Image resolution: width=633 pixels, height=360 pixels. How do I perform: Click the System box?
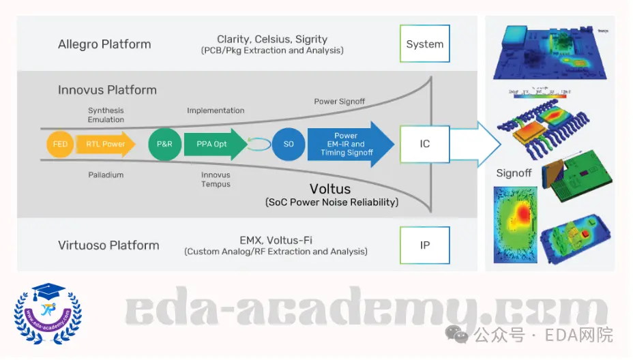click(424, 44)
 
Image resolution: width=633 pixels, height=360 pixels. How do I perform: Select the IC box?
click(424, 144)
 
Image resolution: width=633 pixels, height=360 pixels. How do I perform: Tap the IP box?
click(424, 245)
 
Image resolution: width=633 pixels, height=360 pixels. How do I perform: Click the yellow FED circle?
click(60, 145)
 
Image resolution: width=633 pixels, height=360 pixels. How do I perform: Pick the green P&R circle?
click(164, 145)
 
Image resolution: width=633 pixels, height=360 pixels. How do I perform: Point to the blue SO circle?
click(288, 145)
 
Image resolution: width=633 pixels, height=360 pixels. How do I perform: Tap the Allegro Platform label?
click(104, 45)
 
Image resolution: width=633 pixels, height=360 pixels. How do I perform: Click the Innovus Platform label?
click(107, 90)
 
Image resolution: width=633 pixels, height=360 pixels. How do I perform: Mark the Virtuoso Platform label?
click(108, 245)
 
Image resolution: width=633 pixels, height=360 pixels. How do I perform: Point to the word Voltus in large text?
click(330, 189)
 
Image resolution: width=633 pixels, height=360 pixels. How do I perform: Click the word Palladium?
click(106, 175)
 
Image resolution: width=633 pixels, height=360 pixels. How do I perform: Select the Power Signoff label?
click(339, 102)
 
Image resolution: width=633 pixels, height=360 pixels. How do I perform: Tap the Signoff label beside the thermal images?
click(514, 173)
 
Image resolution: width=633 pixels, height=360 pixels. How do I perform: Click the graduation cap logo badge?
click(48, 314)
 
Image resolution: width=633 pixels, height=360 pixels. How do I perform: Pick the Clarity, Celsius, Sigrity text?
click(272, 40)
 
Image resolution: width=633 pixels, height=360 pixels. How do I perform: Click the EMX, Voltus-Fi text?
click(276, 240)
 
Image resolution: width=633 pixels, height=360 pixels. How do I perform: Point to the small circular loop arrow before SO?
click(259, 145)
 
